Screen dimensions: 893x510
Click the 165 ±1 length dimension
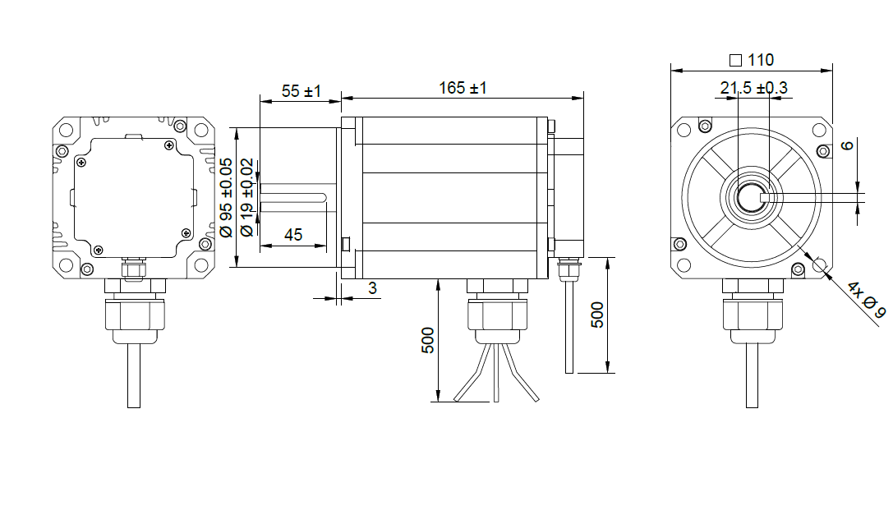point(463,88)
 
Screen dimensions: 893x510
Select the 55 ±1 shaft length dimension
point(302,91)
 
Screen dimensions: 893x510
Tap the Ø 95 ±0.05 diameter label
point(226,197)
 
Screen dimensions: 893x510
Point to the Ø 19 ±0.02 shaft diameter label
point(246,197)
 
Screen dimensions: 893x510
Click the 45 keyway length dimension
point(293,235)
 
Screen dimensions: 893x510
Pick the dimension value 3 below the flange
point(372,288)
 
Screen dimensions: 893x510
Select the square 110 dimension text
point(752,60)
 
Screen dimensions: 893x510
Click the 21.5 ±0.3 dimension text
point(753,88)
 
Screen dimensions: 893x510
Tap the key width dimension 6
point(848,145)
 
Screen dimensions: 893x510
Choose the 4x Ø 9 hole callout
point(867,300)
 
